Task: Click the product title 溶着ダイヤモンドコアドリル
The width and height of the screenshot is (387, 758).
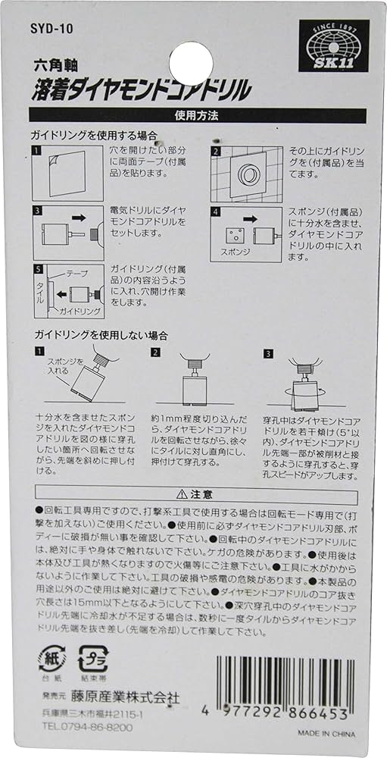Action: point(139,92)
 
